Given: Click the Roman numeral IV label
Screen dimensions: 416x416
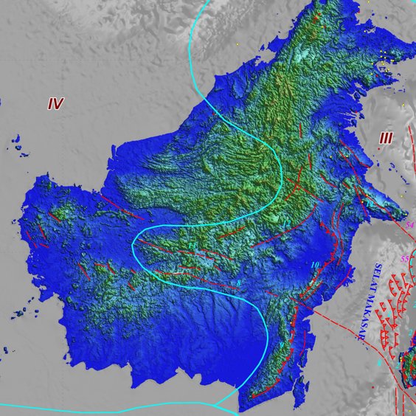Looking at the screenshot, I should coord(55,104).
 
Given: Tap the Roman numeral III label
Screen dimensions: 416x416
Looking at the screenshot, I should coord(386,138).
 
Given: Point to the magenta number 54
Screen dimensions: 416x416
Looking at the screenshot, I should coord(410,224).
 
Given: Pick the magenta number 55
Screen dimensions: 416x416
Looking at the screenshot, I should coord(403,259).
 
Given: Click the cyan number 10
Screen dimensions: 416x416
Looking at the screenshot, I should coord(315,265).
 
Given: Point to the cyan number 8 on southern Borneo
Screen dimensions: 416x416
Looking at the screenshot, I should coord(238,284).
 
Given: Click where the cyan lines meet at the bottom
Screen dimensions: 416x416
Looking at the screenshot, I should coord(216,404).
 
